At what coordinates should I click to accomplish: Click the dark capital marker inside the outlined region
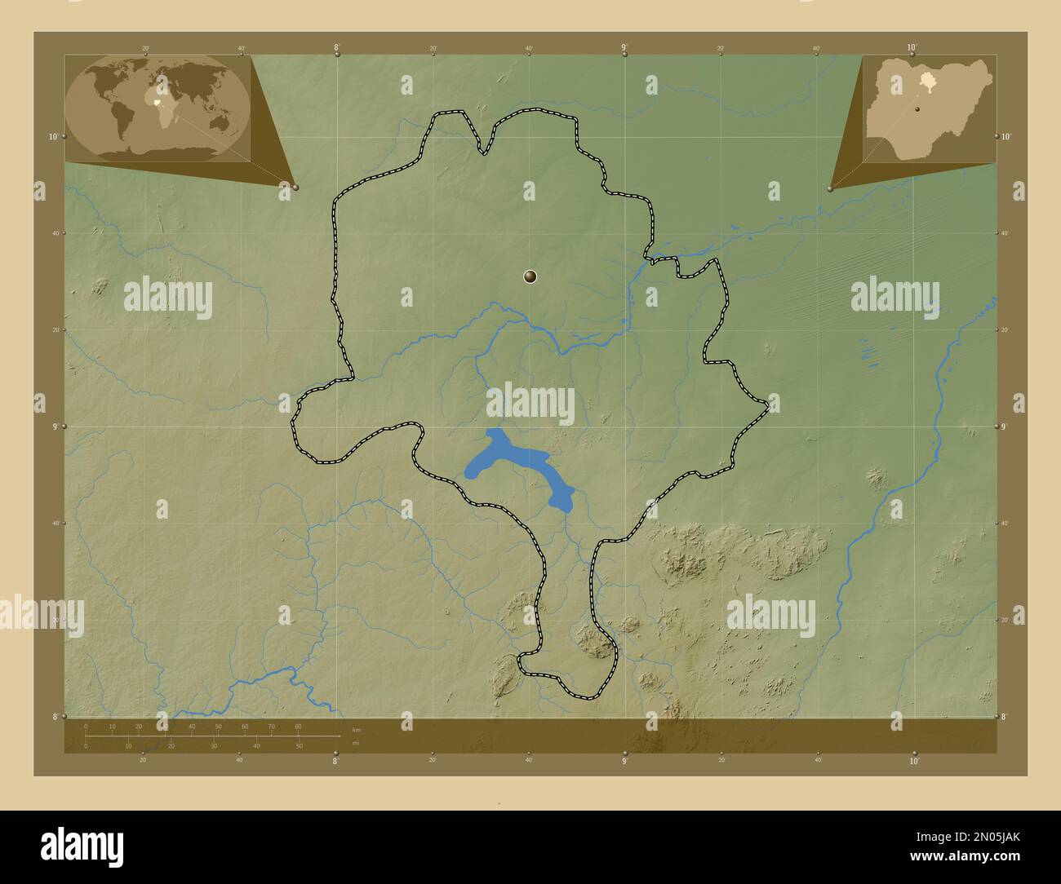pos(530,277)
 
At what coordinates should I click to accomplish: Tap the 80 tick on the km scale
pos(298,727)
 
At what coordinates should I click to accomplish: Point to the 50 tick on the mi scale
pos(300,745)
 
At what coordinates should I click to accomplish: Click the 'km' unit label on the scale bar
pos(356,729)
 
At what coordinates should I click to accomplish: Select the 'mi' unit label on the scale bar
pos(354,742)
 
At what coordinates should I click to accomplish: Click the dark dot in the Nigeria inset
pos(917,108)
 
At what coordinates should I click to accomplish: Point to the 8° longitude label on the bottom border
pos(335,761)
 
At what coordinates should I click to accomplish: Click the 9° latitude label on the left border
pos(54,427)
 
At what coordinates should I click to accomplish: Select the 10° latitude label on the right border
pos(1006,136)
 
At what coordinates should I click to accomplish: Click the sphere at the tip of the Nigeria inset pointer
pos(830,188)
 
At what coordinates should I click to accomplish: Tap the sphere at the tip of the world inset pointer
pos(295,188)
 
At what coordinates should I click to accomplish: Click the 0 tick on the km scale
pos(86,727)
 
